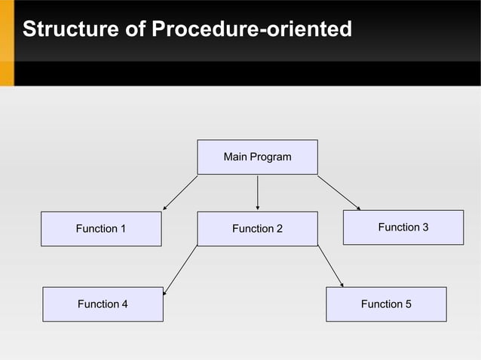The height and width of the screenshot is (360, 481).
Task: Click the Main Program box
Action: pos(257,157)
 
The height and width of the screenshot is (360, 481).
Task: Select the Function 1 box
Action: pos(101,229)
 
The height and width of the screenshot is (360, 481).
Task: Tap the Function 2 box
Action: pos(257,229)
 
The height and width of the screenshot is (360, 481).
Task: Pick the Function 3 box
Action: pos(403,227)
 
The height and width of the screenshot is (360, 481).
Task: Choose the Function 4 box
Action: pos(103,304)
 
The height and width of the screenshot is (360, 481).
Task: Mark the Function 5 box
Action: pos(386,304)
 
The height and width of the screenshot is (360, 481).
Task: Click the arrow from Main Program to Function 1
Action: pos(180,193)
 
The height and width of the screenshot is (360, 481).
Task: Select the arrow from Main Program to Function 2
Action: pos(258,192)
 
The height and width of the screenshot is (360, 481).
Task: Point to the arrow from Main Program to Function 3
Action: pos(339,193)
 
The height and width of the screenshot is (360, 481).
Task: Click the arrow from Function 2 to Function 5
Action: pos(330,267)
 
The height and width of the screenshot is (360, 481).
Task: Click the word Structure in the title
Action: pos(69,30)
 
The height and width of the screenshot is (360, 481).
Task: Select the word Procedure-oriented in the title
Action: pos(252,30)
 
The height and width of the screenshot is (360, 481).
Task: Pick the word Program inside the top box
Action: pos(271,157)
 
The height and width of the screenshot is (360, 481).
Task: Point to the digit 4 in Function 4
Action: pos(124,304)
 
